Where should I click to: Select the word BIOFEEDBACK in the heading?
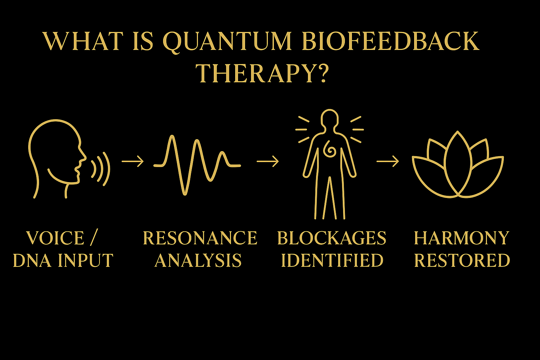390,41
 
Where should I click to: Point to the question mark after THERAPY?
322,73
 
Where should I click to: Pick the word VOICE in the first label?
55,238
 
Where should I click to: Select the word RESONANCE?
200,238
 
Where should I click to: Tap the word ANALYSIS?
198,261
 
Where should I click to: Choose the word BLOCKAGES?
332,238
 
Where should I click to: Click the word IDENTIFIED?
332,261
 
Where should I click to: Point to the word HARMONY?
462,238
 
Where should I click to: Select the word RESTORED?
462,261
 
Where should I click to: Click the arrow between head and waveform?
133,161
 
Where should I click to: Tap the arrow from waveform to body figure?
268,161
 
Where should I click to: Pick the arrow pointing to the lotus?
388,161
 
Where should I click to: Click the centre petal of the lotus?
469,154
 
